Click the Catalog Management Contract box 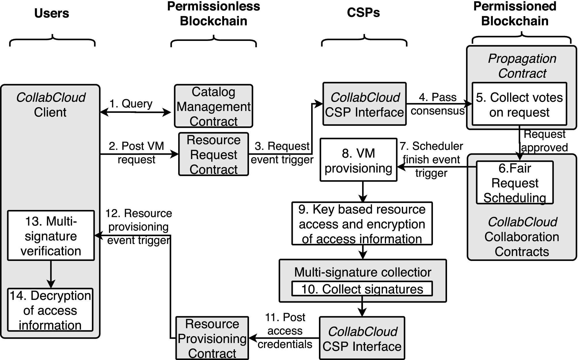[213, 106]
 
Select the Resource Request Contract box [213, 154]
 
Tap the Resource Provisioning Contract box [212, 338]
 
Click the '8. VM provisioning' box [358, 160]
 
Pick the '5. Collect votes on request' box [519, 104]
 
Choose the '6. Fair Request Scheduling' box [515, 182]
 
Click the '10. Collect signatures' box [362, 289]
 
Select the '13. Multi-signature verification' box [51, 236]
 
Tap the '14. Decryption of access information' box [50, 310]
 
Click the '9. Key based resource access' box [362, 223]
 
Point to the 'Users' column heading [52, 13]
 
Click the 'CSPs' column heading [363, 13]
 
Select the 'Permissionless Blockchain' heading [213, 14]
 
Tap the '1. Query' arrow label [131, 103]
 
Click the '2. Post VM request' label [136, 152]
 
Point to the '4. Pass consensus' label [438, 104]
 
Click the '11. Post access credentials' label [285, 331]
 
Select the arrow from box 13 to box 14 [51, 274]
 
